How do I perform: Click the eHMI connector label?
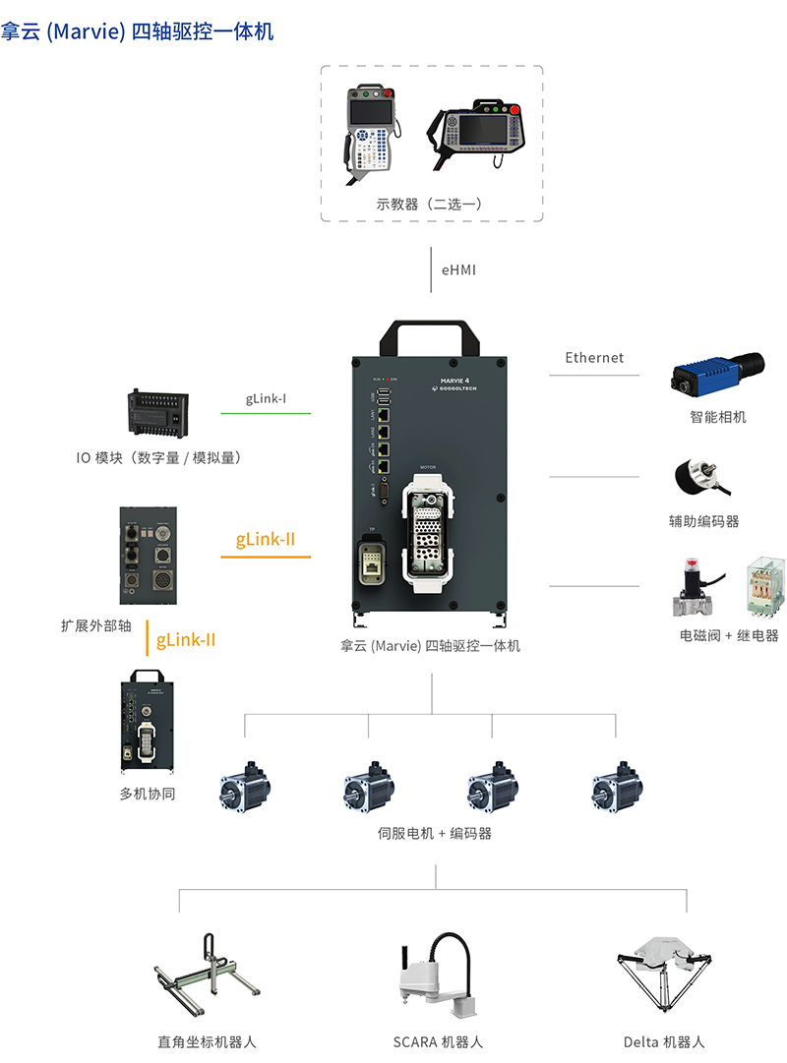(x=458, y=268)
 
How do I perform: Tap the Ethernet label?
(x=594, y=358)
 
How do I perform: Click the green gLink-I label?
(x=266, y=399)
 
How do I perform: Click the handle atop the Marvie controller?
(x=432, y=333)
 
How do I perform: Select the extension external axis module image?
(x=150, y=556)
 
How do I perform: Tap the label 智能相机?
(x=718, y=417)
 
